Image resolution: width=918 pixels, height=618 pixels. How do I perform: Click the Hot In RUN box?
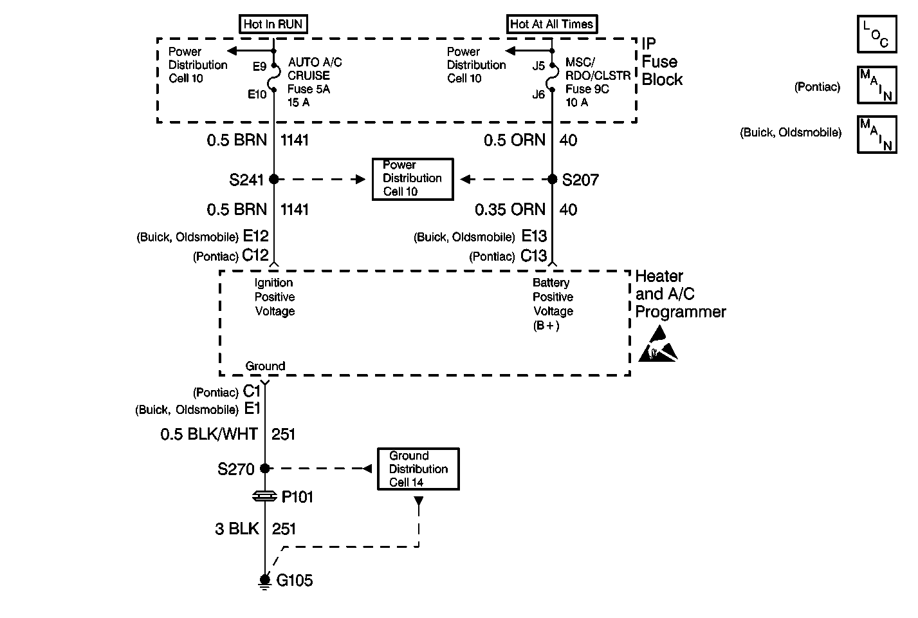(273, 24)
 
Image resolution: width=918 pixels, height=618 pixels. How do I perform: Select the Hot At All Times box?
(552, 24)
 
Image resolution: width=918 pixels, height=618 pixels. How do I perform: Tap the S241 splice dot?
(274, 179)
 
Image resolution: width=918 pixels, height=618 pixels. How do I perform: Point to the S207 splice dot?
(553, 179)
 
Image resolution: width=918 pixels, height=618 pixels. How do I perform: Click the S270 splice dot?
(265, 468)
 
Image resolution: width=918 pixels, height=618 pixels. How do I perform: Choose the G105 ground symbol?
(265, 581)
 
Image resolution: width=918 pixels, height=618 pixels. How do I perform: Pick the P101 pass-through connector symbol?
(265, 496)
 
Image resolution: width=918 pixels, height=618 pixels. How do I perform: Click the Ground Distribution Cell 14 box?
(418, 469)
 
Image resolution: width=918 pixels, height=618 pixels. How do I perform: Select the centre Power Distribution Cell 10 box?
(413, 179)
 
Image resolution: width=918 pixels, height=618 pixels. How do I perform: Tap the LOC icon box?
(877, 34)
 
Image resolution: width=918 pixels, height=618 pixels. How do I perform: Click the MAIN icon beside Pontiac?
(877, 85)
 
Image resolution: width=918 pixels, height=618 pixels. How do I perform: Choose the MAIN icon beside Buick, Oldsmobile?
(877, 135)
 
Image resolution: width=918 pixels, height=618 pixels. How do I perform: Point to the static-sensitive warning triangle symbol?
(658, 344)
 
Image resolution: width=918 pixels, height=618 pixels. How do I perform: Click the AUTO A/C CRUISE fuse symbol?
(275, 77)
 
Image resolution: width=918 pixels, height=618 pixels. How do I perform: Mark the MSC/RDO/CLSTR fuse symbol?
(553, 77)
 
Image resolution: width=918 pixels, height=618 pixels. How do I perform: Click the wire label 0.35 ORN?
(509, 210)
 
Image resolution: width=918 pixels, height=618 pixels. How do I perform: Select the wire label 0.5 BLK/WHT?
(209, 434)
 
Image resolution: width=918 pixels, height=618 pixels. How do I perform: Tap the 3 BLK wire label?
(237, 529)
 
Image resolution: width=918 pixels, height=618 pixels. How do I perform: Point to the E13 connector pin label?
(534, 236)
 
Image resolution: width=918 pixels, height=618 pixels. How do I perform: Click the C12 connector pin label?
(255, 255)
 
